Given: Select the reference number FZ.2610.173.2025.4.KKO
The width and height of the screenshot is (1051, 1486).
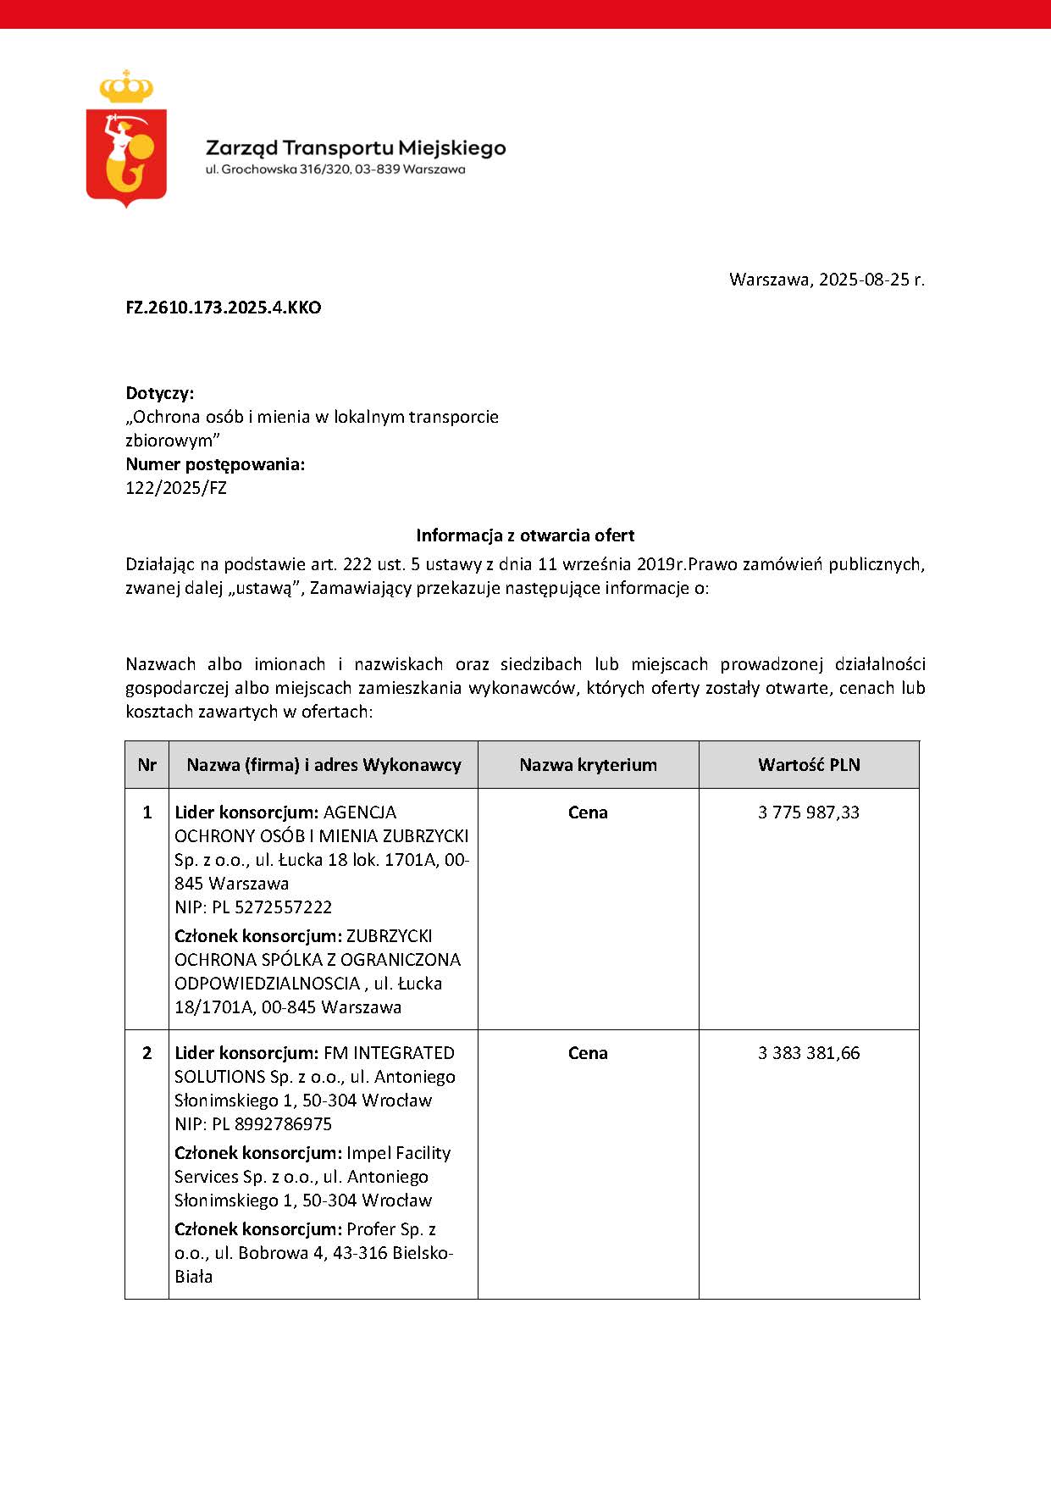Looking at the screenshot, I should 224,308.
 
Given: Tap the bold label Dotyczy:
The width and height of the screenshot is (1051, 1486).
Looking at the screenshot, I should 160,393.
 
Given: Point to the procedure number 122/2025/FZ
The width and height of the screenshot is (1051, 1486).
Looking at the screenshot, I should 176,488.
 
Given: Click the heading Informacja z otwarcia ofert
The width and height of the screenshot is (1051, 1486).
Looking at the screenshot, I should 525,535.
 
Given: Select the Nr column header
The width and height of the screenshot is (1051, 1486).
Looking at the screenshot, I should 147,765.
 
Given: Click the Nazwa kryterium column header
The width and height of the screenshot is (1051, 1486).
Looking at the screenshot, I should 588,765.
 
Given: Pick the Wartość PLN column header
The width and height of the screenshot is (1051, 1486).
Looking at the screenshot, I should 809,765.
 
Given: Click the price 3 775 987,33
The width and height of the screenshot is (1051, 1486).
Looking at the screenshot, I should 809,812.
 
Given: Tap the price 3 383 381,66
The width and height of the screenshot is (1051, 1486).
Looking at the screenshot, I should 809,1053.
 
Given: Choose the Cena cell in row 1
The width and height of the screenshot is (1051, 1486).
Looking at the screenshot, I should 588,812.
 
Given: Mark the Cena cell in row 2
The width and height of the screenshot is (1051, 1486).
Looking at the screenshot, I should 588,1053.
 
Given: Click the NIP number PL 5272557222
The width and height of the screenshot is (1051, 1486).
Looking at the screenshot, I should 272,907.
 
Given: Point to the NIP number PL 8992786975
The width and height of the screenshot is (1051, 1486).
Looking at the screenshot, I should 272,1124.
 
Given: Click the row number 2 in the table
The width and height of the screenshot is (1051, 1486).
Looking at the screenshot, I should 147,1053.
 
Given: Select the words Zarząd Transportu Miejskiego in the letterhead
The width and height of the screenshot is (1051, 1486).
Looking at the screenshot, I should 356,148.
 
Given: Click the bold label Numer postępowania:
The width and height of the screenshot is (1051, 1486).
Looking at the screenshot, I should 215,464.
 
